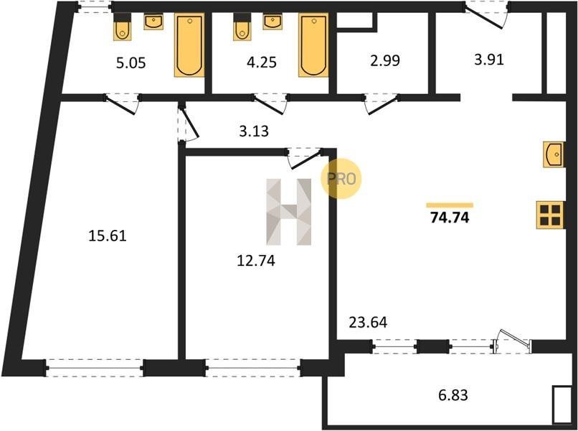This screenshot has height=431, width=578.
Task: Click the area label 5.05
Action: (131, 62)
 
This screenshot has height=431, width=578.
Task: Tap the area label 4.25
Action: (261, 62)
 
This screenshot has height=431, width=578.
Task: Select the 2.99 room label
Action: (385, 60)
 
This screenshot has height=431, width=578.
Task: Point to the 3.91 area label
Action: (489, 60)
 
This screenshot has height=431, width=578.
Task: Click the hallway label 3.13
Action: (254, 131)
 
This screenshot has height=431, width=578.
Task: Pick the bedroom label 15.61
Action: (108, 236)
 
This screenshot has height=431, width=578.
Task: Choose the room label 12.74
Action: (256, 261)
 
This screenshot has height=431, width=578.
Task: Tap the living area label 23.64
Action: (368, 323)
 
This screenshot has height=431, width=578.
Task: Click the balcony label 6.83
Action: (453, 395)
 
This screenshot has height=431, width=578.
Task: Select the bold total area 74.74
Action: (450, 218)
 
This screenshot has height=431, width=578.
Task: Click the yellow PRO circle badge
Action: (341, 179)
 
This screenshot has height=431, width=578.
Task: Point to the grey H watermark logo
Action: (288, 212)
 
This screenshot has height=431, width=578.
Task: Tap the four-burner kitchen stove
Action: (551, 215)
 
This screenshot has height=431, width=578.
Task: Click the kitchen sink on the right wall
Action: (554, 154)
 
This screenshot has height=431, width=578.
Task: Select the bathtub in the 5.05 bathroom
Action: (189, 45)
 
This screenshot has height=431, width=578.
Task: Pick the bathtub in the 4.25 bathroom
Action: (313, 45)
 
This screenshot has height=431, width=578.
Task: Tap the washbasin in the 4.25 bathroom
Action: (273, 22)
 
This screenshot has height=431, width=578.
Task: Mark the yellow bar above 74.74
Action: (450, 205)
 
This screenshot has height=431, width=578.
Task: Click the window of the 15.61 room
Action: (95, 368)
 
